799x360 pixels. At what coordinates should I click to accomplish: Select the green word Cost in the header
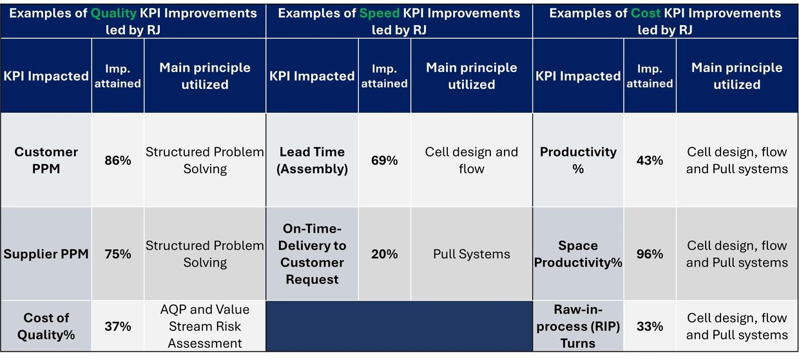(x=646, y=14)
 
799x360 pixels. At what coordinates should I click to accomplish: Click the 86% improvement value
(x=118, y=160)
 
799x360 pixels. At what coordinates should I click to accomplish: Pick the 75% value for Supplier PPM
(x=118, y=254)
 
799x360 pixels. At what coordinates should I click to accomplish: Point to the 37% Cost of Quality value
(x=118, y=327)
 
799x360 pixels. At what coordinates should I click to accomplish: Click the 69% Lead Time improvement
(x=384, y=160)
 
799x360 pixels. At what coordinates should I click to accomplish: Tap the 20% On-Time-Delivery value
(x=384, y=254)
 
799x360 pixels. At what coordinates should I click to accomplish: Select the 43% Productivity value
(x=650, y=160)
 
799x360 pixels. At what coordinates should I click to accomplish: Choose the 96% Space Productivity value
(x=650, y=254)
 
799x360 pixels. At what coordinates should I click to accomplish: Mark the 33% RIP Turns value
(x=650, y=327)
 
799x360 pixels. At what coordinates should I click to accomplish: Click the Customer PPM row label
(x=46, y=160)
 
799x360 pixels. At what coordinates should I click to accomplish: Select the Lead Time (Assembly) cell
(x=312, y=160)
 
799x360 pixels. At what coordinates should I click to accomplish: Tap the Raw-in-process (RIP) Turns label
(x=578, y=327)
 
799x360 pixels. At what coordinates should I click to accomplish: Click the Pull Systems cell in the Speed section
(x=472, y=254)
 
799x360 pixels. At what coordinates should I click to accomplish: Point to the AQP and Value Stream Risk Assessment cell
(x=205, y=327)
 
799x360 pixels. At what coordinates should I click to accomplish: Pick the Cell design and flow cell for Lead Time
(x=472, y=160)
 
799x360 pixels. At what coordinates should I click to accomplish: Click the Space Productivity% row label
(x=578, y=254)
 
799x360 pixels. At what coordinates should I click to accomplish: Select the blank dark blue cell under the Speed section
(x=399, y=326)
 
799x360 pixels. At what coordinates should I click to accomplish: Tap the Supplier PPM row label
(x=46, y=254)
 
